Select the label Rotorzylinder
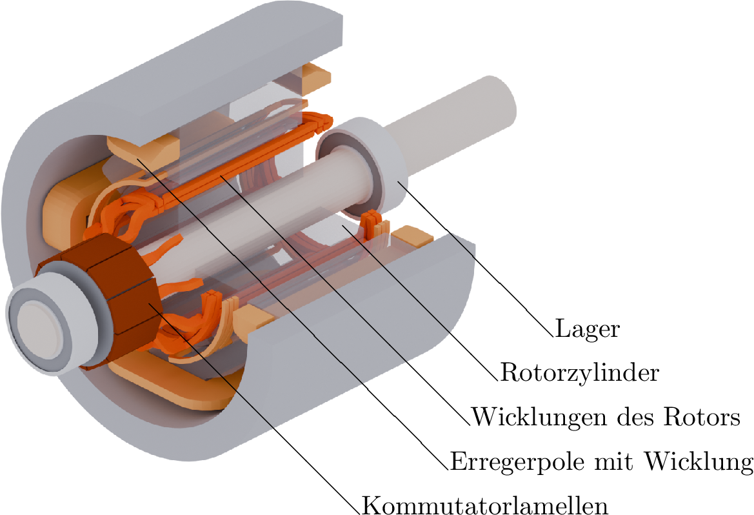point(579,372)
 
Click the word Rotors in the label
point(702,417)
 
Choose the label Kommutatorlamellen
point(485,505)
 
